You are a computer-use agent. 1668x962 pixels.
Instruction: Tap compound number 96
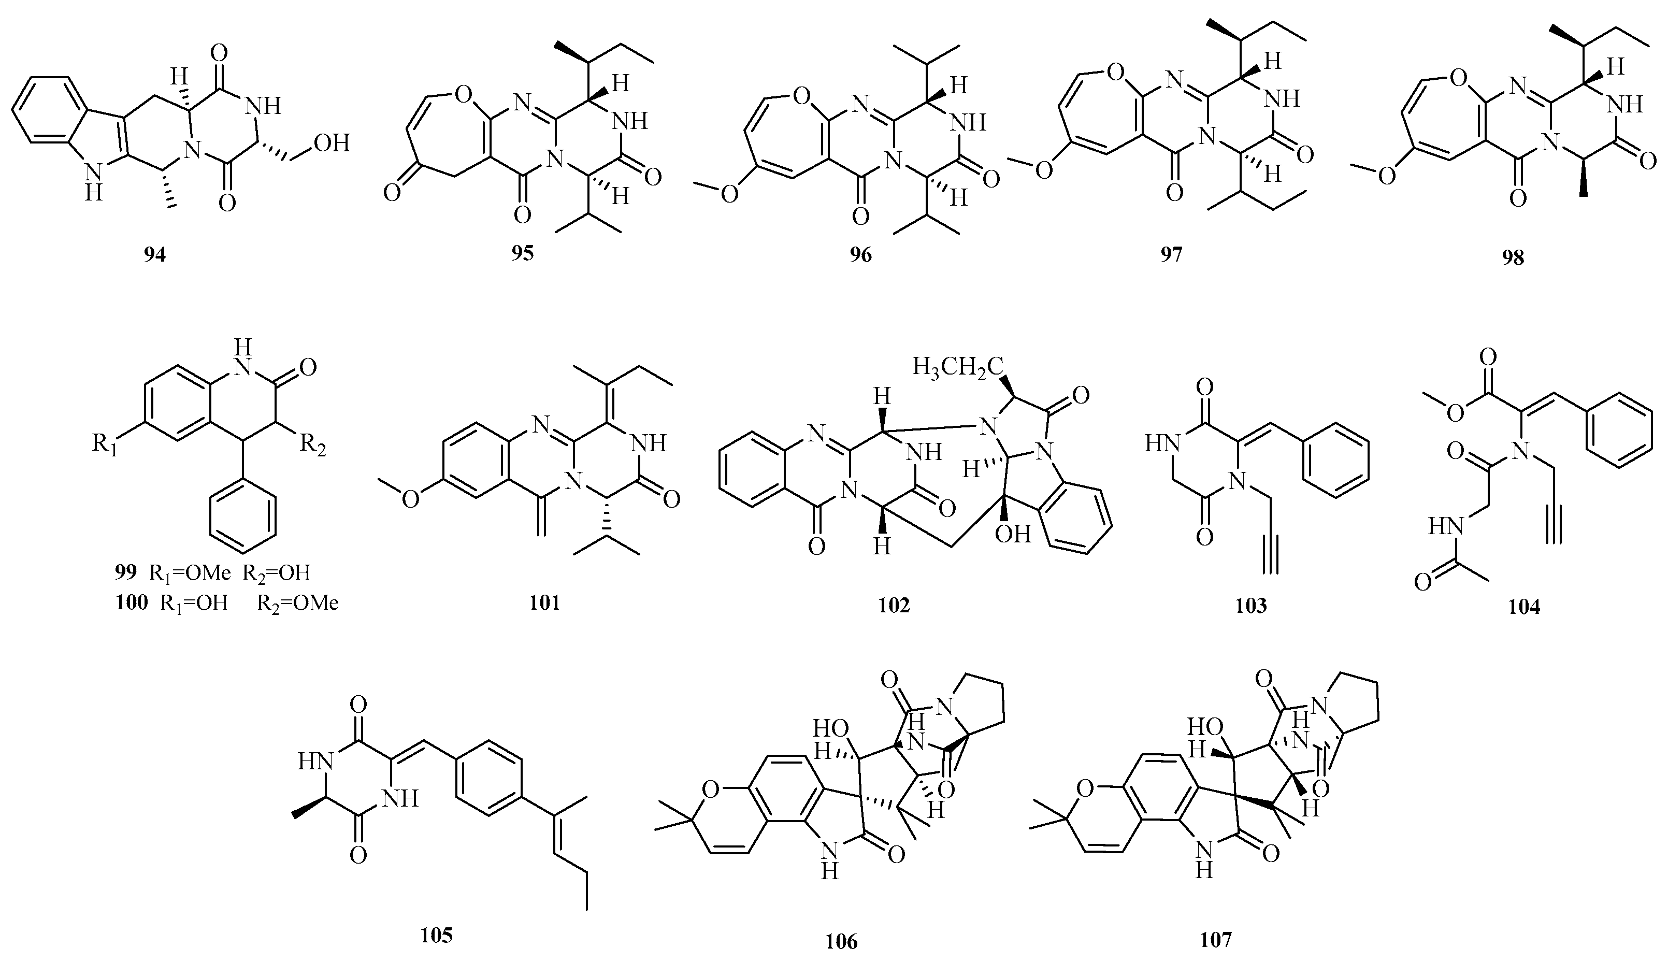(861, 255)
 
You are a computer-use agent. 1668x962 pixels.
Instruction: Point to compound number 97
(1171, 254)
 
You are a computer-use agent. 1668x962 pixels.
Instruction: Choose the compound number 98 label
(1513, 257)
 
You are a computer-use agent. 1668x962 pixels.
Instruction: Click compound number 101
(544, 602)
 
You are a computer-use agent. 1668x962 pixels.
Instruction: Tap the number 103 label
(1251, 605)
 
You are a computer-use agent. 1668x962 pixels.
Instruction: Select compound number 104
(1525, 607)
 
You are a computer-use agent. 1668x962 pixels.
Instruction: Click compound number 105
(437, 935)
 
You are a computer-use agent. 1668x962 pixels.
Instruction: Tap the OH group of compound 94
(332, 142)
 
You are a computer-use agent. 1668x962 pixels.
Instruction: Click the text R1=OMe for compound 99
(190, 573)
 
